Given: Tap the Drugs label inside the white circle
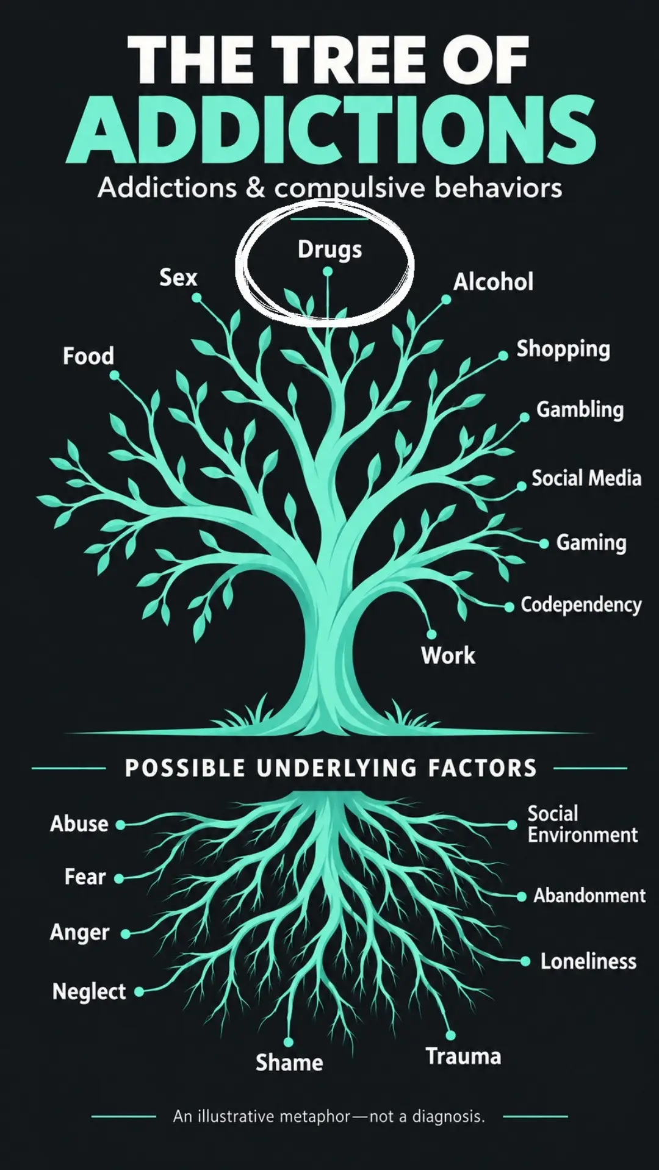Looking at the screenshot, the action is click(329, 249).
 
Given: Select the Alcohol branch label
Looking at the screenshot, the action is click(493, 282).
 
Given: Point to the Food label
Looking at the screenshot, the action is click(88, 356).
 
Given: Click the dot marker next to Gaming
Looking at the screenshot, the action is click(544, 543).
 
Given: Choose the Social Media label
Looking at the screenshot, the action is click(586, 478).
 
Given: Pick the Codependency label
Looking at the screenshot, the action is click(581, 605).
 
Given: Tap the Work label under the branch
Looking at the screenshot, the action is click(448, 655).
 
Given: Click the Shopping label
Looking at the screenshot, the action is click(563, 349).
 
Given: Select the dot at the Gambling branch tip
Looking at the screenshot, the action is click(525, 417).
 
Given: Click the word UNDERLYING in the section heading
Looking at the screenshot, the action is click(337, 768).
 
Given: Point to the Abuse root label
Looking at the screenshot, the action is click(79, 824).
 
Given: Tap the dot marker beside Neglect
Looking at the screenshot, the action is click(139, 992).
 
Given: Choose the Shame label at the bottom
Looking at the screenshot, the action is click(289, 1063).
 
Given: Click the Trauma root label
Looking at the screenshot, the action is click(463, 1056).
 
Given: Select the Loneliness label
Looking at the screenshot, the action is click(588, 961).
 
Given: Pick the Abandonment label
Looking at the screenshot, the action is click(589, 895).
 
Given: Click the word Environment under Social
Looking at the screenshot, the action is click(583, 834).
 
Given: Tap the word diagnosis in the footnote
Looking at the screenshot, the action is click(448, 1117).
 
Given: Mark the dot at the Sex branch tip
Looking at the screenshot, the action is click(196, 298).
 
